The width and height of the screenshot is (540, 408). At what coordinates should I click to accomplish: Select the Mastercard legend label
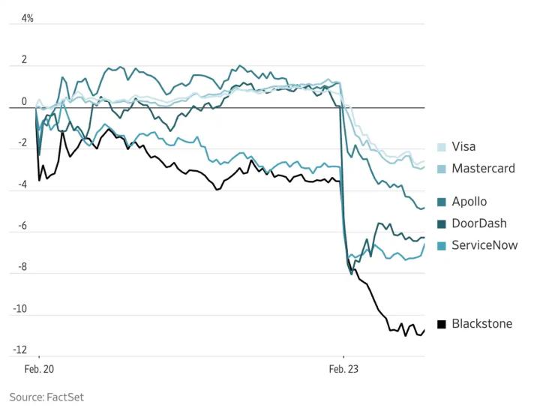pyautogui.click(x=483, y=168)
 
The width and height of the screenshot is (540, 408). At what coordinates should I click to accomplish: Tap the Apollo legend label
pyautogui.click(x=469, y=201)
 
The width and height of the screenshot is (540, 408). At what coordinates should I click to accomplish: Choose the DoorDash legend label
pyautogui.click(x=478, y=223)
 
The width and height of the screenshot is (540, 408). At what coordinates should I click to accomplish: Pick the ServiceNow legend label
pyautogui.click(x=484, y=245)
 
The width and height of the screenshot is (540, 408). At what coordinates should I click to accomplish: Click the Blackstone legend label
pyautogui.click(x=482, y=324)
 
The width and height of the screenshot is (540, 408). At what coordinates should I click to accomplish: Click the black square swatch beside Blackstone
pyautogui.click(x=442, y=324)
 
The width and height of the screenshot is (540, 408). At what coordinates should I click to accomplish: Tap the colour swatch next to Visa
pyautogui.click(x=442, y=147)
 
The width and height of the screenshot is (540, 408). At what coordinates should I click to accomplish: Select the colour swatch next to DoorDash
pyautogui.click(x=442, y=223)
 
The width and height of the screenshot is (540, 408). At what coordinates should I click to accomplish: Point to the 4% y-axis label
pyautogui.click(x=27, y=18)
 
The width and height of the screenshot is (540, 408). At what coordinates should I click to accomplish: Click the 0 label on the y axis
pyautogui.click(x=24, y=101)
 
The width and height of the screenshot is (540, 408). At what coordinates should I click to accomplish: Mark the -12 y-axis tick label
pyautogui.click(x=20, y=350)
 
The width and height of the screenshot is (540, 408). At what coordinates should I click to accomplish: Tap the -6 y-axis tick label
pyautogui.click(x=22, y=226)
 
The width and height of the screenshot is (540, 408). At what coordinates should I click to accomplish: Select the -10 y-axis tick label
pyautogui.click(x=20, y=309)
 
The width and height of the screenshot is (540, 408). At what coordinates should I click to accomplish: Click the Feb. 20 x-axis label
pyautogui.click(x=39, y=370)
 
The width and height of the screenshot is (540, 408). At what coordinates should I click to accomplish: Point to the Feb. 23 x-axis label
pyautogui.click(x=344, y=370)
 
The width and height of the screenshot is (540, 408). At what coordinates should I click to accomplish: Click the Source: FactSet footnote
pyautogui.click(x=46, y=397)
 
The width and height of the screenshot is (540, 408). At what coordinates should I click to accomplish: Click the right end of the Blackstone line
pyautogui.click(x=424, y=330)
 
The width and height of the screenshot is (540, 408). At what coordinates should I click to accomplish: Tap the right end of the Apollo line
pyautogui.click(x=424, y=208)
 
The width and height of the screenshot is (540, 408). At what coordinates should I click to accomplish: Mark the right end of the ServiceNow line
pyautogui.click(x=424, y=244)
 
